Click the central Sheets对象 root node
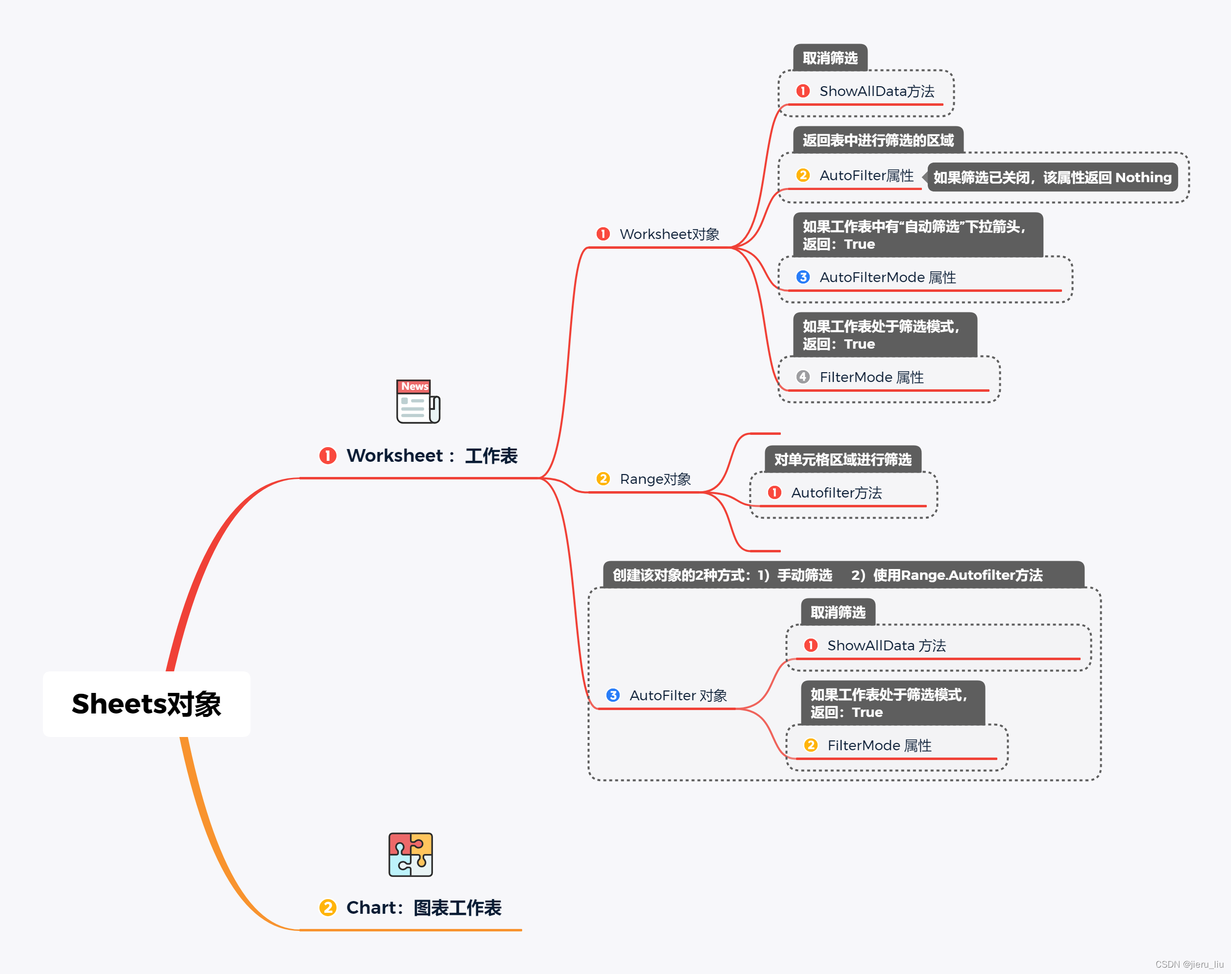[x=146, y=704]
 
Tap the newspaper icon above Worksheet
[x=418, y=402]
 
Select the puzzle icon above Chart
[x=410, y=854]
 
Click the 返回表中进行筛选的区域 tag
[x=877, y=140]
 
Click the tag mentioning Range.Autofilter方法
[x=843, y=575]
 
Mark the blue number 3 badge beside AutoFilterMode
[x=802, y=277]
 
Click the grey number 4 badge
[x=802, y=377]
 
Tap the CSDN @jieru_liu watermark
[x=1189, y=964]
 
